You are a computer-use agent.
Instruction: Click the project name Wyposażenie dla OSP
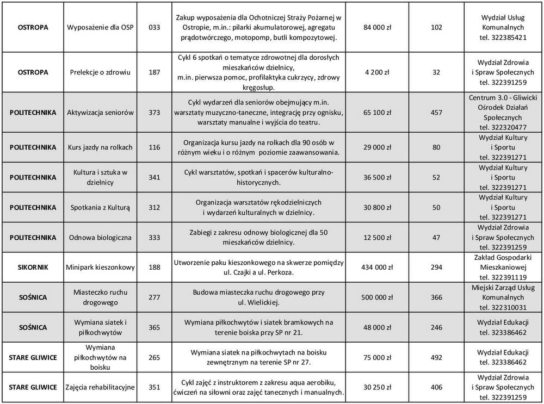[x=101, y=27]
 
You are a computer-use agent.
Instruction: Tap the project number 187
[x=154, y=72]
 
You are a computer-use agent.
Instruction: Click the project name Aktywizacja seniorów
[x=101, y=113]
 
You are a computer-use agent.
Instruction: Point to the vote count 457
[x=436, y=113]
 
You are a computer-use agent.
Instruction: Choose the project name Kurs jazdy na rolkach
[x=101, y=147]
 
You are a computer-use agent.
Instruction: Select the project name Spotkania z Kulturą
[x=101, y=207]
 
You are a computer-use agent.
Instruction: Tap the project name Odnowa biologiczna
[x=101, y=237]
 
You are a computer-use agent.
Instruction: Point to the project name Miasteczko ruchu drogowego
[x=101, y=297]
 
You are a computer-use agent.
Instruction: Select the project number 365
[x=154, y=327]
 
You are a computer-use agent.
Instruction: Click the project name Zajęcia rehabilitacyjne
[x=101, y=387]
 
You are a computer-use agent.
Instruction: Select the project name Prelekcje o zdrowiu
[x=101, y=72]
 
